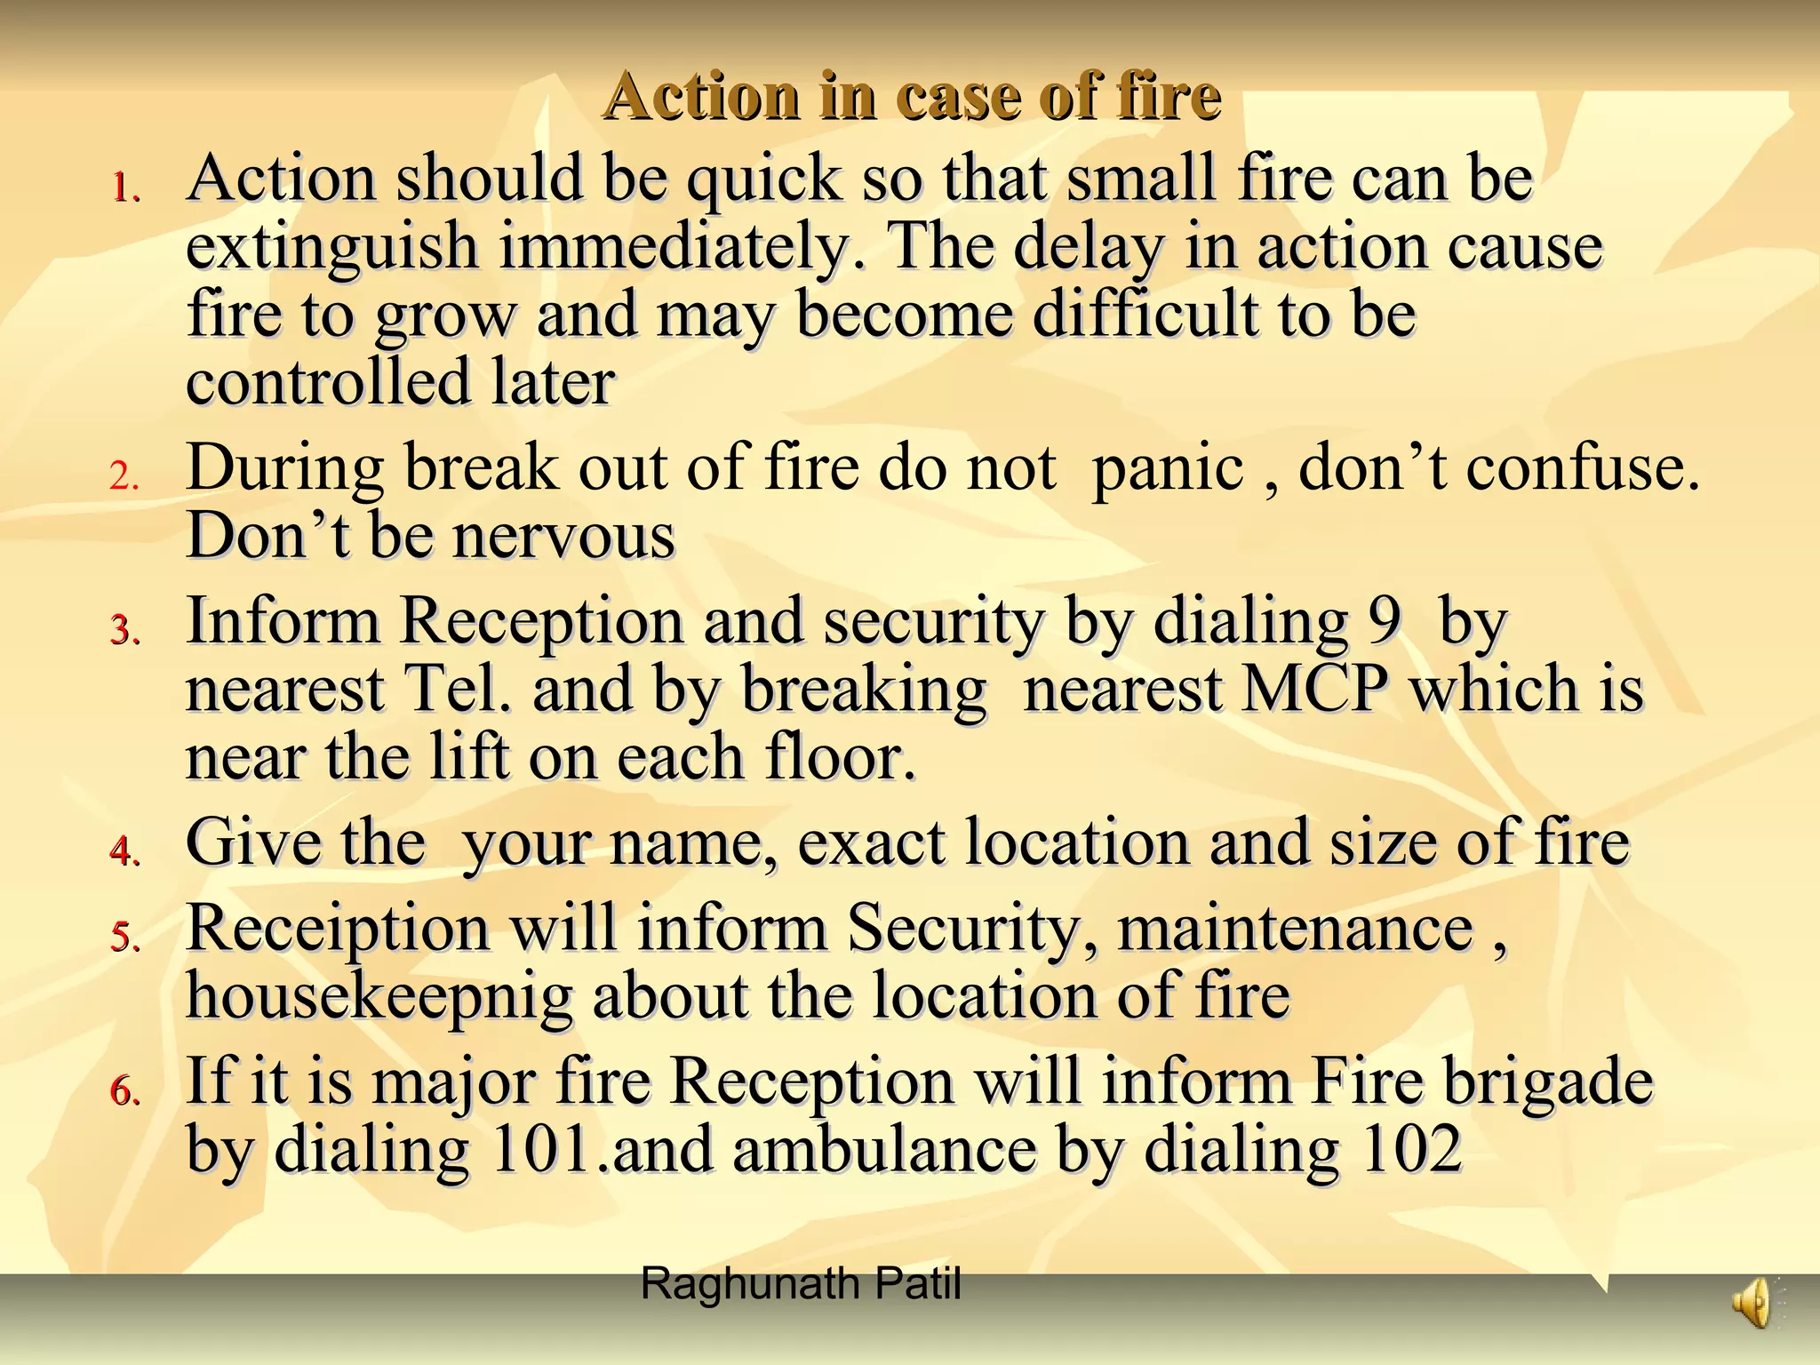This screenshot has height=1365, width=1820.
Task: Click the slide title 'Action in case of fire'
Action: [912, 96]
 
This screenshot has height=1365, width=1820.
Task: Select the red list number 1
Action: [124, 188]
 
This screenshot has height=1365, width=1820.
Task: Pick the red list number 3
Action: [124, 630]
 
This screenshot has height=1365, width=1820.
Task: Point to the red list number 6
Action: [124, 1090]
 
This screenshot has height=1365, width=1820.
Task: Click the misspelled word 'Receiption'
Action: [338, 928]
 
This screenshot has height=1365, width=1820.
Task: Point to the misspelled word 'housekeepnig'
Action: [379, 997]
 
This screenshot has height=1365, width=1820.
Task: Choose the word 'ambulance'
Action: [884, 1148]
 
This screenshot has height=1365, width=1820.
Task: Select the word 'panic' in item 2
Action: [1167, 468]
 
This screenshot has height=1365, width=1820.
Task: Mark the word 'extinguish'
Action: [332, 246]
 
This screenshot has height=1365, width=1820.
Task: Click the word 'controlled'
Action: [328, 382]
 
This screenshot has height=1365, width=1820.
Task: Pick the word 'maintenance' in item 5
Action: [1295, 928]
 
